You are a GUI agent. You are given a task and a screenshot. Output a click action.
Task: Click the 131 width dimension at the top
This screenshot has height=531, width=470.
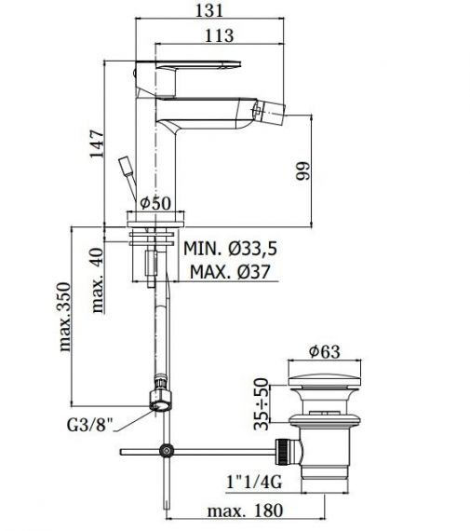click(x=209, y=10)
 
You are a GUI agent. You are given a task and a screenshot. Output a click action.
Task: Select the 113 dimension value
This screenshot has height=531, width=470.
click(x=219, y=35)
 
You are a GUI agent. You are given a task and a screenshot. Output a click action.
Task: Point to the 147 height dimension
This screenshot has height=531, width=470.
click(x=97, y=143)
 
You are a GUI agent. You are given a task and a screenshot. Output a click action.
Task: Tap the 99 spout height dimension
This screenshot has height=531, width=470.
click(x=303, y=171)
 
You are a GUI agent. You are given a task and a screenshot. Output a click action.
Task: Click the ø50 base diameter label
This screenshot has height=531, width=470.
click(x=155, y=203)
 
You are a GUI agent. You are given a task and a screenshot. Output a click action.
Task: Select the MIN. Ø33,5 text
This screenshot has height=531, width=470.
click(x=230, y=249)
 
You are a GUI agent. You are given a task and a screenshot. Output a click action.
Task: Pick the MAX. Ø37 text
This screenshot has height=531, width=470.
click(x=230, y=272)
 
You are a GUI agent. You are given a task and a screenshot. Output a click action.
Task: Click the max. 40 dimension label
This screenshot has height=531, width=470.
click(x=98, y=280)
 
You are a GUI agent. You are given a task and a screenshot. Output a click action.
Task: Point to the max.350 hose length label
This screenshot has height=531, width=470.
click(x=65, y=317)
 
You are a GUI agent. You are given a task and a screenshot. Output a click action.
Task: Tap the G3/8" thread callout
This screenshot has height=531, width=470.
click(x=89, y=425)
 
